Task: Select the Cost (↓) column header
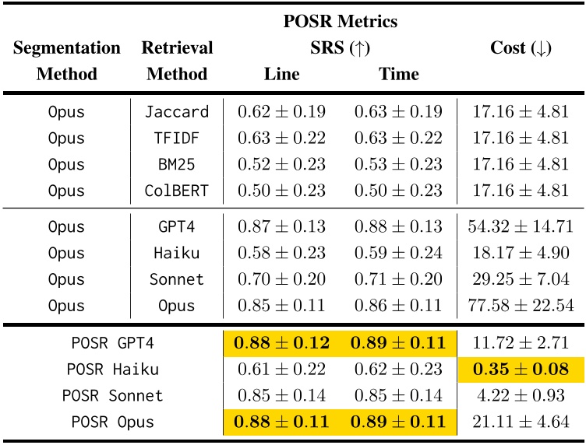(521, 47)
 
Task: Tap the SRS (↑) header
(340, 47)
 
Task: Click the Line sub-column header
(281, 74)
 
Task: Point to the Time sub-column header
(398, 74)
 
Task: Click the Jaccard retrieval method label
(177, 111)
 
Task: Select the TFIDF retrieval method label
(177, 138)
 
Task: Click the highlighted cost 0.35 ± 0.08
(521, 368)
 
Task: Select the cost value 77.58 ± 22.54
(521, 305)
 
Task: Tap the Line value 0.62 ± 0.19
(281, 111)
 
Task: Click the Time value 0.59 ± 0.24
(398, 252)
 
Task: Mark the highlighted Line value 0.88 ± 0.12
(281, 342)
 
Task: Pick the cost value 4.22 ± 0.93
(521, 395)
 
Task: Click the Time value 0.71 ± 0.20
(398, 279)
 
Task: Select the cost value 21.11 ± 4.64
(521, 422)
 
